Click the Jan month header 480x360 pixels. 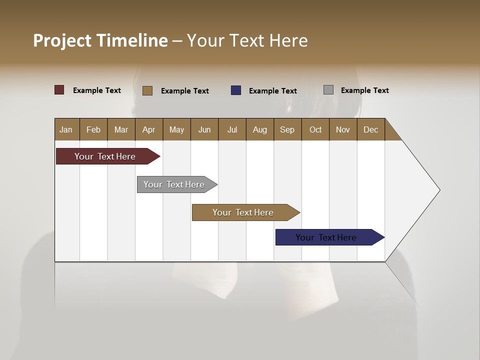[x=66, y=129]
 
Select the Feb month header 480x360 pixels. [x=93, y=129]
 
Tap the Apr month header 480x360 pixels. [x=149, y=129]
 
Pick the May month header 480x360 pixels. [x=176, y=129]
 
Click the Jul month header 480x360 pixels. [x=232, y=129]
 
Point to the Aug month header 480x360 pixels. [x=260, y=129]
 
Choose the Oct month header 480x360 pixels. [x=315, y=129]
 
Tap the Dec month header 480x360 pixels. [x=371, y=129]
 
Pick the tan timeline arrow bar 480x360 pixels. [x=243, y=212]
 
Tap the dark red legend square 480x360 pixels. [x=59, y=90]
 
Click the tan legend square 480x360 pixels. [x=147, y=90]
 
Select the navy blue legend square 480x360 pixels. [x=236, y=90]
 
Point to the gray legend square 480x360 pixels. [x=328, y=90]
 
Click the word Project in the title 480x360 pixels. [x=62, y=40]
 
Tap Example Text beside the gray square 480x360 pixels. [x=364, y=90]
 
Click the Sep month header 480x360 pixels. [x=287, y=129]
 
